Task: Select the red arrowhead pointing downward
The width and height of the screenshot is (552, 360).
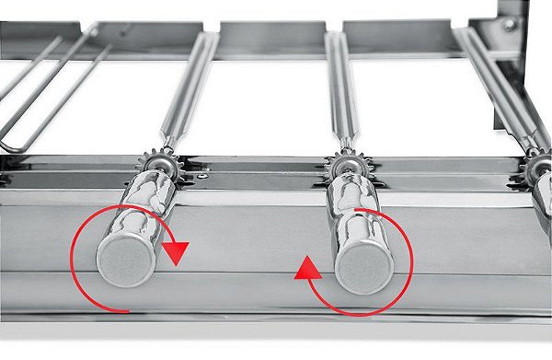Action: [176, 251]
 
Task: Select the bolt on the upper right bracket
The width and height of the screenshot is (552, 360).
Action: [507, 25]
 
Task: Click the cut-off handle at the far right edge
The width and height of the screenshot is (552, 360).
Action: [543, 207]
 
